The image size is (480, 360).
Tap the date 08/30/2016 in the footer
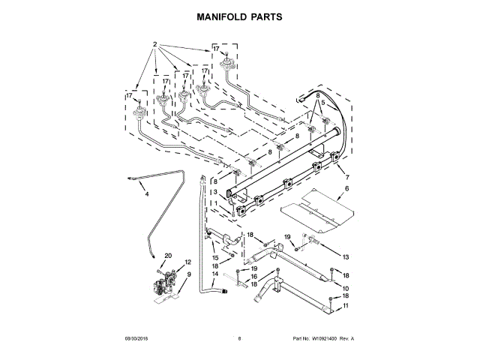(x=138, y=339)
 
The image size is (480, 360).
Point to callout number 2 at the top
(x=155, y=43)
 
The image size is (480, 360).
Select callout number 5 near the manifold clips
(x=322, y=104)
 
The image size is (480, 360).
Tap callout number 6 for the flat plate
(x=347, y=189)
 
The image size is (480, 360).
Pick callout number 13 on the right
(x=346, y=257)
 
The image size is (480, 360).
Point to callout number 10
(x=346, y=288)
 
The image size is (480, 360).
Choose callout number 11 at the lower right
(x=346, y=306)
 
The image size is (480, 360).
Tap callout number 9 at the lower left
(x=189, y=275)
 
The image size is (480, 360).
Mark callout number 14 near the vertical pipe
(x=215, y=274)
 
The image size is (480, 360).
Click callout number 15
(x=215, y=258)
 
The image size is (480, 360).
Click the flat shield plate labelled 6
(x=319, y=208)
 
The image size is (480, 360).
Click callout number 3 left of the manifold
(x=215, y=192)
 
